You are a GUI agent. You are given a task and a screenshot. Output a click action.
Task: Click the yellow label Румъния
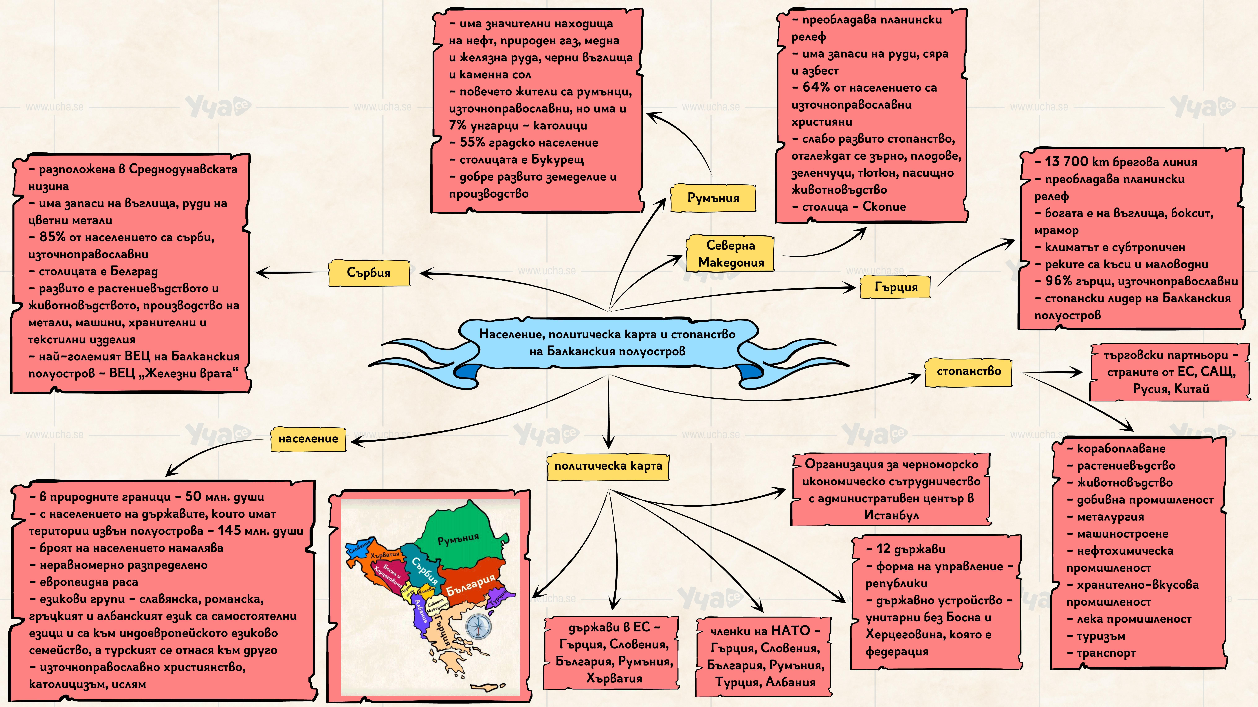[x=713, y=198]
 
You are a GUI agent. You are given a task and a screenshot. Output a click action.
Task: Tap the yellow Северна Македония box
[x=731, y=254]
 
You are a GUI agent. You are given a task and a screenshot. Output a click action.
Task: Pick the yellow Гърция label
[x=896, y=287]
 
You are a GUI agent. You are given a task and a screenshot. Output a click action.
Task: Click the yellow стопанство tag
[x=968, y=371]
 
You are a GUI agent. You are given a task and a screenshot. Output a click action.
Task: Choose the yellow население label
[x=308, y=439]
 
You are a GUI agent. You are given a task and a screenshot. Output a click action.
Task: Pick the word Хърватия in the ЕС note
[x=614, y=678]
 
